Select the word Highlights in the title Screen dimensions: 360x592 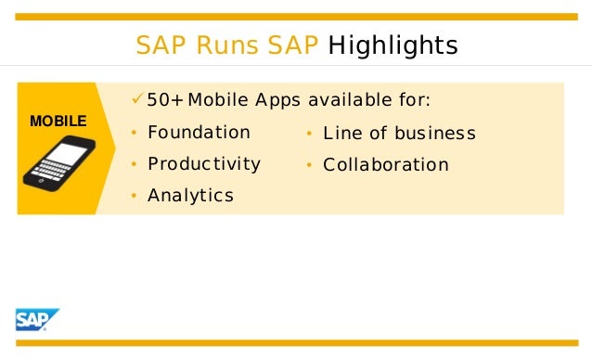pyautogui.click(x=393, y=45)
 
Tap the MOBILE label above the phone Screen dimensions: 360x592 pyautogui.click(x=58, y=122)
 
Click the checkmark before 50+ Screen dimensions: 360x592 pyautogui.click(x=137, y=99)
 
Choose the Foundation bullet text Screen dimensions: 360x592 pyautogui.click(x=199, y=133)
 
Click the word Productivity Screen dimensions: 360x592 pyautogui.click(x=204, y=164)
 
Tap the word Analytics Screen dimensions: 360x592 pyautogui.click(x=190, y=196)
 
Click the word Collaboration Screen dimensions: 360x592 pyautogui.click(x=385, y=165)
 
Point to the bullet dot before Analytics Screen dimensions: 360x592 pyautogui.click(x=134, y=197)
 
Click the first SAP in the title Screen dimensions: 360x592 pyautogui.click(x=156, y=45)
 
